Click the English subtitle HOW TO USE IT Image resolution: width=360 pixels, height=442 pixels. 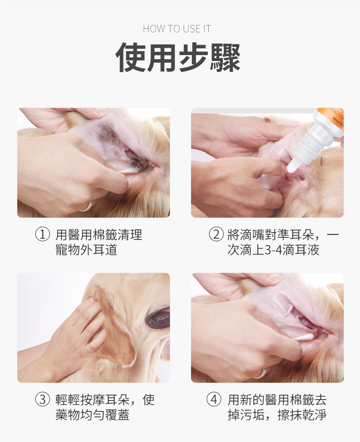(x=177, y=29)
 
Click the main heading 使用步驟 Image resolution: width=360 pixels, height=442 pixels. (x=178, y=57)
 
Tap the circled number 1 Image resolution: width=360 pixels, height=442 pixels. (x=42, y=234)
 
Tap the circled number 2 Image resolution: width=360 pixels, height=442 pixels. (x=216, y=234)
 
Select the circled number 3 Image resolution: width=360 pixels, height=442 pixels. (x=42, y=400)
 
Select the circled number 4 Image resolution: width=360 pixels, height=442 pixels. (x=214, y=400)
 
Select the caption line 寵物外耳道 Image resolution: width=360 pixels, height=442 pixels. (x=86, y=250)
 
